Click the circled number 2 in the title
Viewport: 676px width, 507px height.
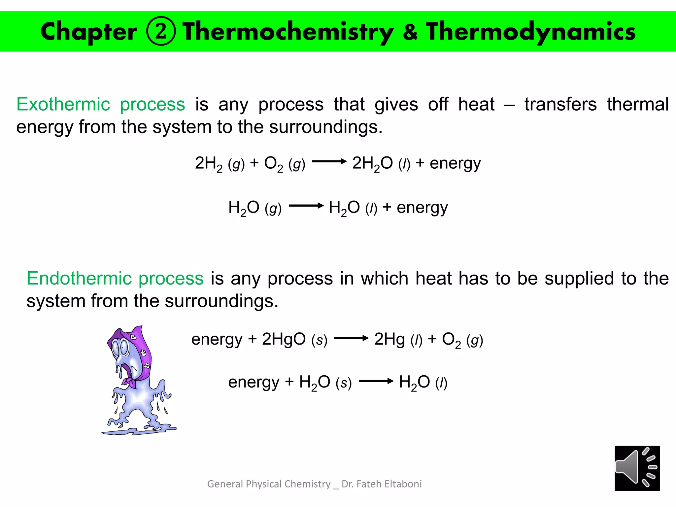(x=161, y=31)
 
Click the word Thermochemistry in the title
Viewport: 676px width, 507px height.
(x=288, y=32)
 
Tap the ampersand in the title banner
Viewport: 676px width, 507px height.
(x=410, y=32)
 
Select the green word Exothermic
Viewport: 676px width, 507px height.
(x=63, y=104)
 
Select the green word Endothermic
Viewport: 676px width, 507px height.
(x=79, y=278)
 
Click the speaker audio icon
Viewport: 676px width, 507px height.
(x=637, y=468)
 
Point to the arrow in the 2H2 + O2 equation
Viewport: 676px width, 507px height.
(x=329, y=162)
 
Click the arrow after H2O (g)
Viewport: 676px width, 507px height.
(x=306, y=206)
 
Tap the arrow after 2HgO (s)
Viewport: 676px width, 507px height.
(x=351, y=338)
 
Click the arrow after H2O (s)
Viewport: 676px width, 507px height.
(x=376, y=382)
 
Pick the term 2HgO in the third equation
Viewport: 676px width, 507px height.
(x=284, y=339)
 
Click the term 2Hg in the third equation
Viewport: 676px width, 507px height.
(x=389, y=339)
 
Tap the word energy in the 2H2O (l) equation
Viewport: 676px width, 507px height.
(x=455, y=163)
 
